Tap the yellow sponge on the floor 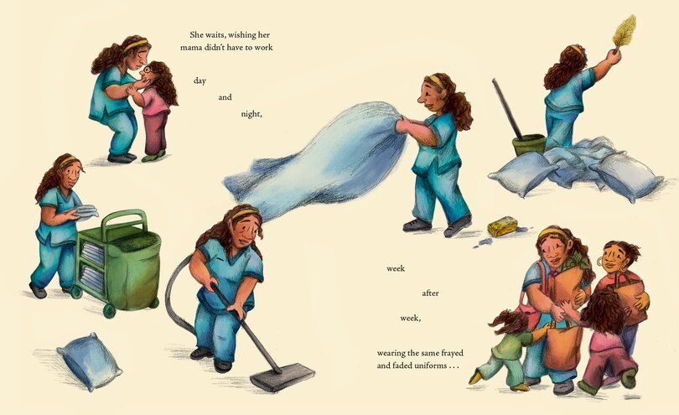coord(502,226)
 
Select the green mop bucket coord(529,145)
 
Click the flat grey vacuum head coord(282,376)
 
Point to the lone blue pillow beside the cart coord(90,361)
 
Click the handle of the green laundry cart coord(124,220)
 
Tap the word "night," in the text coord(251,114)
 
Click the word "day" coord(200,81)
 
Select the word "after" coord(430,293)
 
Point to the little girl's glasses coord(148,70)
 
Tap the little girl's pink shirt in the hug coord(155,101)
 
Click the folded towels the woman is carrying coord(86,211)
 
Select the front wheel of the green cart coord(109,310)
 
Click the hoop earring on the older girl coord(600,262)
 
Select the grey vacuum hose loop coord(174,299)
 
